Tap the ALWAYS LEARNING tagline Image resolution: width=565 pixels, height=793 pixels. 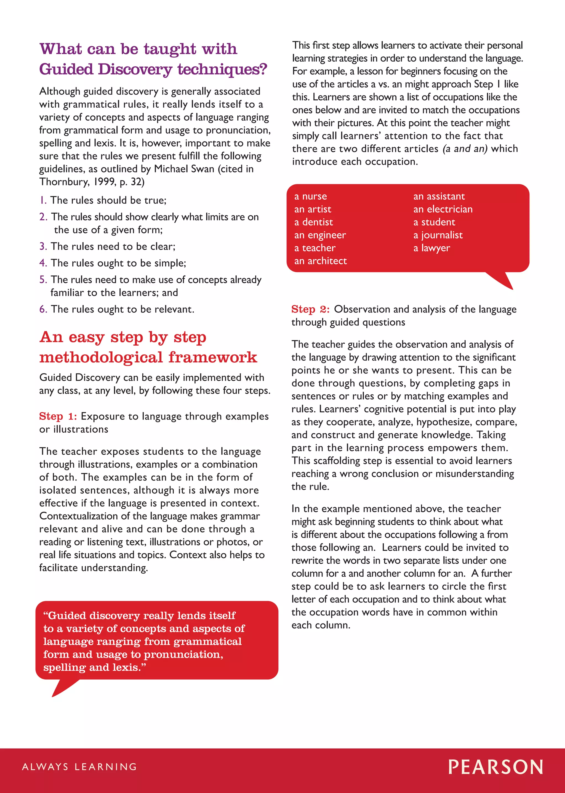tap(80, 767)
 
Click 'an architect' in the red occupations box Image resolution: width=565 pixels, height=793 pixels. tap(320, 261)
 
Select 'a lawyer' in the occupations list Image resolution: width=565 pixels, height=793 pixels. tap(431, 248)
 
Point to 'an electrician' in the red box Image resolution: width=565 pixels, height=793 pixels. tap(443, 209)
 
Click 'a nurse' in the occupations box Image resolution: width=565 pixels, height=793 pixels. tap(310, 196)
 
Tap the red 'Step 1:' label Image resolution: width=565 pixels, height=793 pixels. tap(58, 416)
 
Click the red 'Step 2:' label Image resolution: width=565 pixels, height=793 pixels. tap(310, 309)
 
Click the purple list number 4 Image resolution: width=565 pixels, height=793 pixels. tap(43, 263)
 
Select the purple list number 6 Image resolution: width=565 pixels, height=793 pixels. tap(43, 309)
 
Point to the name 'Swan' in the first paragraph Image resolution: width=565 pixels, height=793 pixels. tap(202, 169)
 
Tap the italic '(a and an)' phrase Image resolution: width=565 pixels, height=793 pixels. tap(465, 149)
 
